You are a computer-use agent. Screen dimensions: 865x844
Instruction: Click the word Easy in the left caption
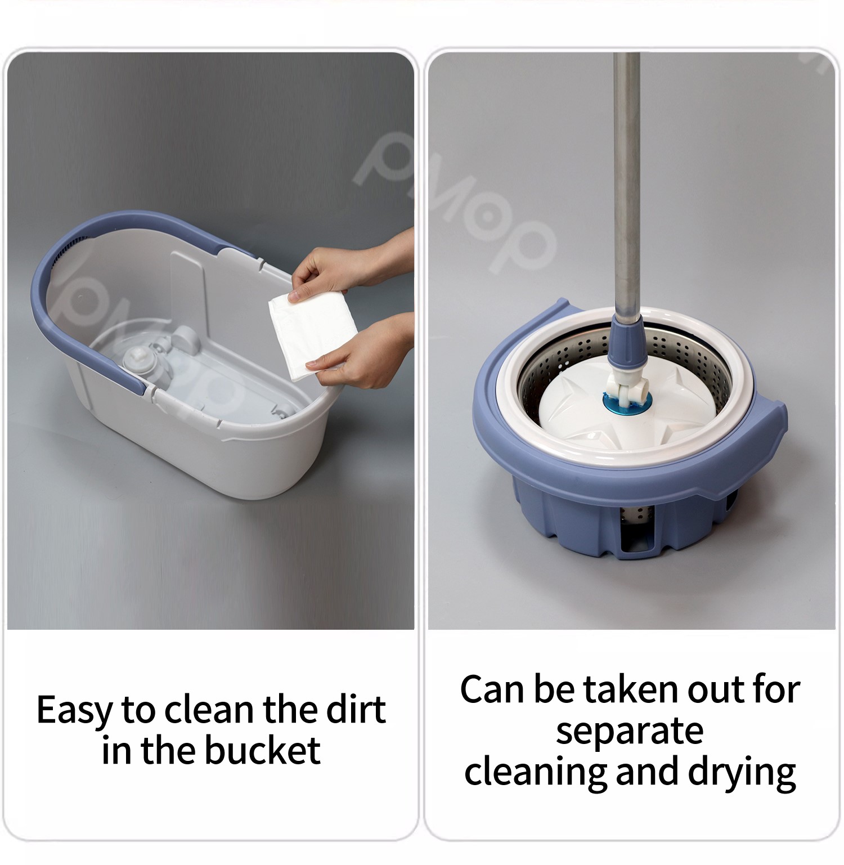(74, 710)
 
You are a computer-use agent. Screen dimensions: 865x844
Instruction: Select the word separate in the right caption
(629, 731)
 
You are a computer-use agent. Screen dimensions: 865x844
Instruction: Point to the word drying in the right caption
(742, 773)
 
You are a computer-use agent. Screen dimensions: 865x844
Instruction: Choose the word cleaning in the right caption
(535, 773)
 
